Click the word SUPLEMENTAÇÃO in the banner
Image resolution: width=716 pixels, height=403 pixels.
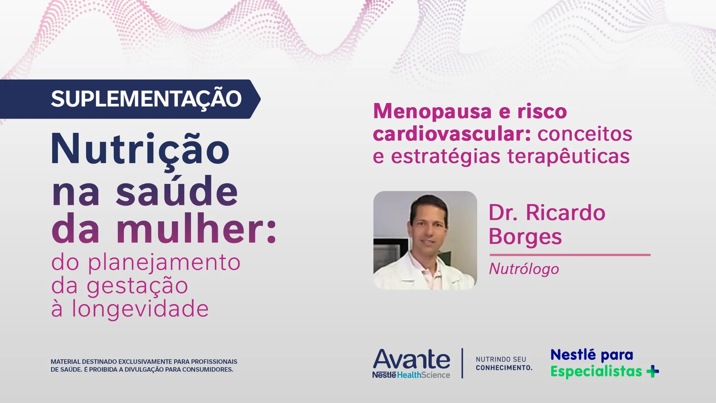(x=146, y=99)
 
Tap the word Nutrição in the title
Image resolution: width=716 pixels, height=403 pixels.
(x=140, y=149)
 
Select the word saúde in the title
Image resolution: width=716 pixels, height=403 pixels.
(x=177, y=192)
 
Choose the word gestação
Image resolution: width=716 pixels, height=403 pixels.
(x=137, y=286)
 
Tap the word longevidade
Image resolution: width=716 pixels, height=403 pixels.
(x=140, y=309)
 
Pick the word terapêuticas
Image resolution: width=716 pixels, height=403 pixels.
(x=568, y=156)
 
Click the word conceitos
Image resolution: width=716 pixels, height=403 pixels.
(x=584, y=134)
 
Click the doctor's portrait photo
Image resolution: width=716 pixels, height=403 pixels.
(x=425, y=240)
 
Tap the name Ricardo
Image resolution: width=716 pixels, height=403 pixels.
(x=565, y=213)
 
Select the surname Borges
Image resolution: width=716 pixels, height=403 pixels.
(x=525, y=237)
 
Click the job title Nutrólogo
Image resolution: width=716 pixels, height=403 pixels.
(x=524, y=269)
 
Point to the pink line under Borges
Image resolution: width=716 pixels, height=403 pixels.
(x=570, y=255)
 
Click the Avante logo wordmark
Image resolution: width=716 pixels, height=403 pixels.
(x=411, y=359)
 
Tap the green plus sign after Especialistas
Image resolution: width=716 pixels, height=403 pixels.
(x=653, y=372)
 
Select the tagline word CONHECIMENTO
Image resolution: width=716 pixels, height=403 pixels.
(x=503, y=368)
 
